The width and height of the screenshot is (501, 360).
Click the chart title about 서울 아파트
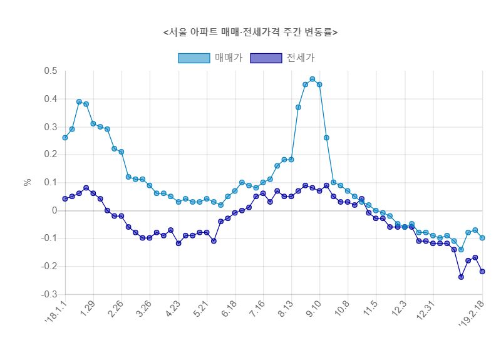(x=250, y=32)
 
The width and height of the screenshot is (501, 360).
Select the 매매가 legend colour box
(x=194, y=58)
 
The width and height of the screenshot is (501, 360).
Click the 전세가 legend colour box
(x=266, y=58)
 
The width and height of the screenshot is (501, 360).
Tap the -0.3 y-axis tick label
(x=49, y=294)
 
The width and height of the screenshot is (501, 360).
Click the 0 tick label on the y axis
(x=54, y=210)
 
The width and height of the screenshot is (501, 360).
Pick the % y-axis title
(x=27, y=182)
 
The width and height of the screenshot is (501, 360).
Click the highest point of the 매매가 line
(x=312, y=80)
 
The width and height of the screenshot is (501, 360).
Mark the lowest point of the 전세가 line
(x=461, y=277)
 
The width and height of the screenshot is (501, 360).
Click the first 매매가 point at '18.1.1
(x=65, y=138)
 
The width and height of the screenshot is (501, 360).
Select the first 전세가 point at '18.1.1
(x=65, y=198)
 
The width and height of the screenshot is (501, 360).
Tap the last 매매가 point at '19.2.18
(x=482, y=238)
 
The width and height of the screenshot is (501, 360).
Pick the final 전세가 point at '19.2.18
(x=482, y=271)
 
